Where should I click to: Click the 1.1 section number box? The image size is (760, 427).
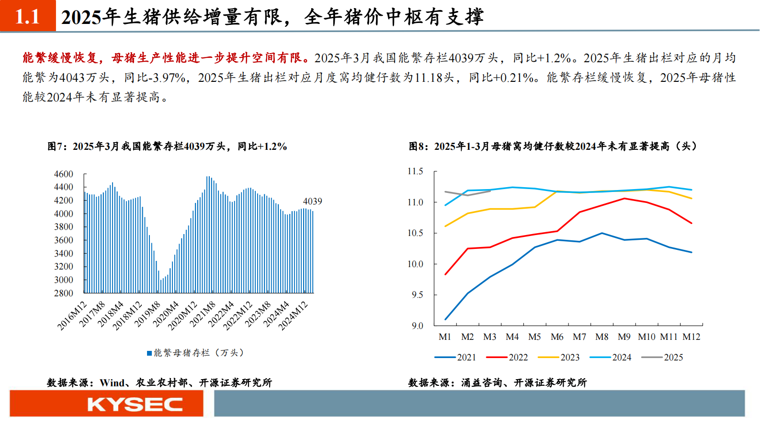coord(28,16)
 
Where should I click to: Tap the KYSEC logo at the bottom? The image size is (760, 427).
coord(135,405)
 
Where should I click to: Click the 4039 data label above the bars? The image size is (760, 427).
coord(312,202)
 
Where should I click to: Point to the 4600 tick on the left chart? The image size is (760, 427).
coord(64,174)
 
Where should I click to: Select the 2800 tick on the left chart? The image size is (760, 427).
coord(64,293)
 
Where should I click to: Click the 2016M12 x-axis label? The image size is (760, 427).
coord(72,316)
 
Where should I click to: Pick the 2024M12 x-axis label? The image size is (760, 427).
coord(293,316)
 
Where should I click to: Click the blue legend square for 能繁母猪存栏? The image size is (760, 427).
coord(149,353)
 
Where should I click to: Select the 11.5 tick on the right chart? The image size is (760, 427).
coord(415,171)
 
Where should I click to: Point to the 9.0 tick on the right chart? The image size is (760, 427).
coord(417,326)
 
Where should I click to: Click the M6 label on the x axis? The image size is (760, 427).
coord(557,337)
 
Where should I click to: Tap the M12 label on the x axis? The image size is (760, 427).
coord(691,337)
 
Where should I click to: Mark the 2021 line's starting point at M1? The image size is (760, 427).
coord(445,319)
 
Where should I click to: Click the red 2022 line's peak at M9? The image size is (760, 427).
coord(624,198)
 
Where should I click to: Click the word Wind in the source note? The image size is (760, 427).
coord(112,383)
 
